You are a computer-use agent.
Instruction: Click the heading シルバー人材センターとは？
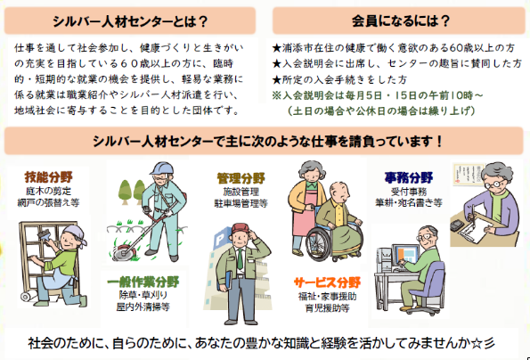click(130, 21)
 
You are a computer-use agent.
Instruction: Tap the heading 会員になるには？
click(401, 21)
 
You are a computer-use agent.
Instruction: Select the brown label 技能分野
click(49, 176)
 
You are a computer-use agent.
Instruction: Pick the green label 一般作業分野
click(143, 282)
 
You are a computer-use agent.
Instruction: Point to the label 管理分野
click(241, 178)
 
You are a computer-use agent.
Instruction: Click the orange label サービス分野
click(327, 282)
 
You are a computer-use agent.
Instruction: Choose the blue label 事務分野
click(409, 177)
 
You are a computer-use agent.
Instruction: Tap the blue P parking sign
click(219, 241)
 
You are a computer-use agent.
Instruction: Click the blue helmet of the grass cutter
click(163, 168)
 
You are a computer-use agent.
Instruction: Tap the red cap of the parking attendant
click(241, 228)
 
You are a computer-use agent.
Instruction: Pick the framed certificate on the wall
click(465, 174)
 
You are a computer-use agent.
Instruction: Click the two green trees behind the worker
click(132, 192)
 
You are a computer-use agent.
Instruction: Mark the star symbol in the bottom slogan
click(476, 343)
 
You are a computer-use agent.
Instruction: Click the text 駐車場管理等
click(241, 203)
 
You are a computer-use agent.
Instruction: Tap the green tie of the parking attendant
click(240, 258)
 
